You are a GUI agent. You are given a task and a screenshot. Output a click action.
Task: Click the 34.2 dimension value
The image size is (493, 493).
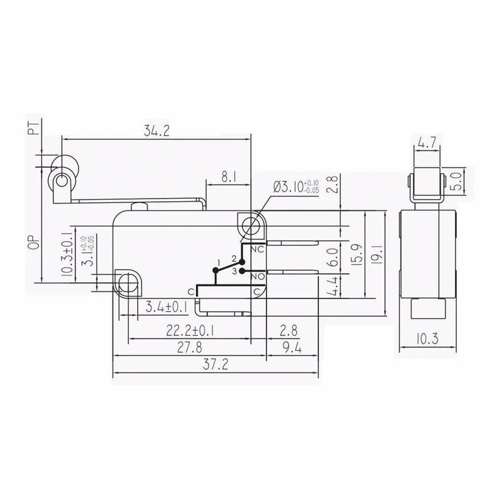point(156,130)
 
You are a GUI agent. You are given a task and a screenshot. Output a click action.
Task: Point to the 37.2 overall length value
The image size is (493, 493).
point(215,364)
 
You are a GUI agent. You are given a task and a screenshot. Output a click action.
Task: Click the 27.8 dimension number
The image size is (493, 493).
point(190,348)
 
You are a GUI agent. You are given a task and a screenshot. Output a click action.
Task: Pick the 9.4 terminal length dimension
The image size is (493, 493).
point(292,348)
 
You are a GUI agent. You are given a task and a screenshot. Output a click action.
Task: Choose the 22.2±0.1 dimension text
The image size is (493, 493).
point(190,331)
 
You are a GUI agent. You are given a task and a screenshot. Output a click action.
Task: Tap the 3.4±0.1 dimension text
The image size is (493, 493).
point(167,307)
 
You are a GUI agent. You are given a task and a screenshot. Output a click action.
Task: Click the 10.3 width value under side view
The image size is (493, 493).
point(428,339)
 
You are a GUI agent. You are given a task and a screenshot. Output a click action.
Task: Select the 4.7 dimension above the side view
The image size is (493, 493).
point(427,143)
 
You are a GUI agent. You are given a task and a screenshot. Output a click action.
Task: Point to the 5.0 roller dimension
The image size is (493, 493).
point(457,181)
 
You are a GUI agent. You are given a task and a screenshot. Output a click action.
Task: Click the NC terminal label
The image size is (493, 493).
point(258,249)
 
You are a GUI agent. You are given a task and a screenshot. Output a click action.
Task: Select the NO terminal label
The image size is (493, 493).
point(258,277)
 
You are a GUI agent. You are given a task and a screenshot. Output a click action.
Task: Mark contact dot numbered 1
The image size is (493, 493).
point(215,270)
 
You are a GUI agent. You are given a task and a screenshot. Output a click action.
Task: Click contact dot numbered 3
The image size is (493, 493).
point(242,271)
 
